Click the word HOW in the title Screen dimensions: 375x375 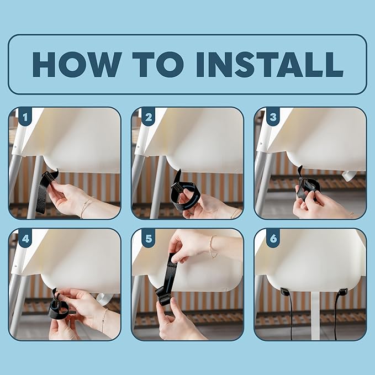pyautogui.click(x=77, y=64)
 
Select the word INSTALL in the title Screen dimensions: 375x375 pyautogui.click(x=270, y=64)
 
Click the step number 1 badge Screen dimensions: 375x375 pyautogui.click(x=25, y=117)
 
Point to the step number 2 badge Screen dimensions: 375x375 pyautogui.click(x=148, y=117)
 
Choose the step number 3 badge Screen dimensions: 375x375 pyautogui.click(x=273, y=117)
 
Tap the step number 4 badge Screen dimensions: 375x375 pyautogui.click(x=25, y=239)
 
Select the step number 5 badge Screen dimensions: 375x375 pyautogui.click(x=148, y=239)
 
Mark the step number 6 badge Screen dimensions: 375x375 pyautogui.click(x=273, y=239)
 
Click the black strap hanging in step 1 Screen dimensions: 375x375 pyautogui.click(x=44, y=191)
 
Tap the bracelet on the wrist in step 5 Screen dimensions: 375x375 pyautogui.click(x=213, y=246)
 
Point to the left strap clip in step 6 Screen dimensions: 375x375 pyautogui.click(x=285, y=292)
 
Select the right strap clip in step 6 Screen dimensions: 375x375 pyautogui.click(x=342, y=292)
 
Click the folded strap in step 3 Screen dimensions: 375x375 pyautogui.click(x=308, y=187)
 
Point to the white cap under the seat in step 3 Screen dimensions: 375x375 pyautogui.click(x=348, y=176)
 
